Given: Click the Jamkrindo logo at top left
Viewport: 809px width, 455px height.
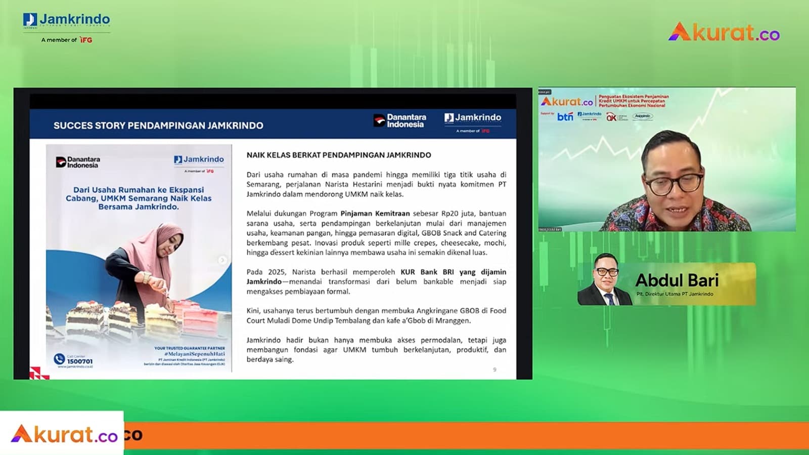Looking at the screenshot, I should [66, 21].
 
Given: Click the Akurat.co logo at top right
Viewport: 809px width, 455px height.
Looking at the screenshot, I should [724, 32].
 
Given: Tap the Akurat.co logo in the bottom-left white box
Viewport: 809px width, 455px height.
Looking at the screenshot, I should [64, 434].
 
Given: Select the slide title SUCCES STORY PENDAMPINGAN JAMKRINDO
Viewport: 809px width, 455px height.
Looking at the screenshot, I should [158, 126].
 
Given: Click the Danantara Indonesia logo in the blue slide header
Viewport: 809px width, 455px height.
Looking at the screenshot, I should [400, 120].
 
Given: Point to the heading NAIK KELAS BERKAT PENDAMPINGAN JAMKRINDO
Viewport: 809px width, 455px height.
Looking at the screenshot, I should [339, 155].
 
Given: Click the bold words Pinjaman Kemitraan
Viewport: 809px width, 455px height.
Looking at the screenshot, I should [375, 214].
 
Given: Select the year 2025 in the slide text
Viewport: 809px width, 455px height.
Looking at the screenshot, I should [277, 272].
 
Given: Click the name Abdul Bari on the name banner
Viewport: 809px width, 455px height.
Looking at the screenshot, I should [677, 280].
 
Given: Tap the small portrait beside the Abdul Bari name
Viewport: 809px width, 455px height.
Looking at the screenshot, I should [605, 280].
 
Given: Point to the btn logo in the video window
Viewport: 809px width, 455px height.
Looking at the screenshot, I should [565, 117].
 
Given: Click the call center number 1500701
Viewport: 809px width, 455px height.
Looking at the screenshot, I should [80, 361].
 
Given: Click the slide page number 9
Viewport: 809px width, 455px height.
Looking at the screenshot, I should [495, 369].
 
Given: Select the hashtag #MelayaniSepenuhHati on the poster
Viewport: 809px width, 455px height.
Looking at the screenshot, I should [194, 354].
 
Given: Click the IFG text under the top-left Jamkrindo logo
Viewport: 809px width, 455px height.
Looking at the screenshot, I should [86, 40].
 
